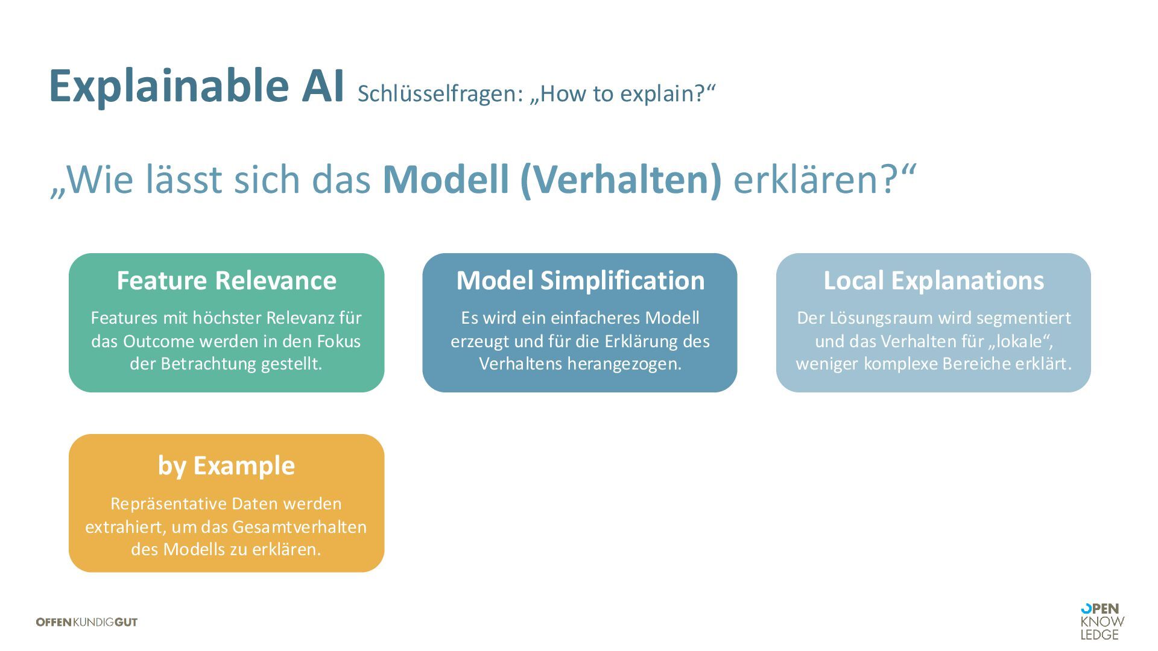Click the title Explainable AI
coord(196,86)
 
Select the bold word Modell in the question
coord(446,180)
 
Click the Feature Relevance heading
coord(226,281)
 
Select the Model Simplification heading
coord(580,281)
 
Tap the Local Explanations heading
coord(934,281)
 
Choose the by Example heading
coord(226,466)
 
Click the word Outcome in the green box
coord(159,342)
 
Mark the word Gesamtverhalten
coord(299,527)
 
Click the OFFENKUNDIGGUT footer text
coord(87,622)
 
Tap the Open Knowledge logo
coord(1102,621)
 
